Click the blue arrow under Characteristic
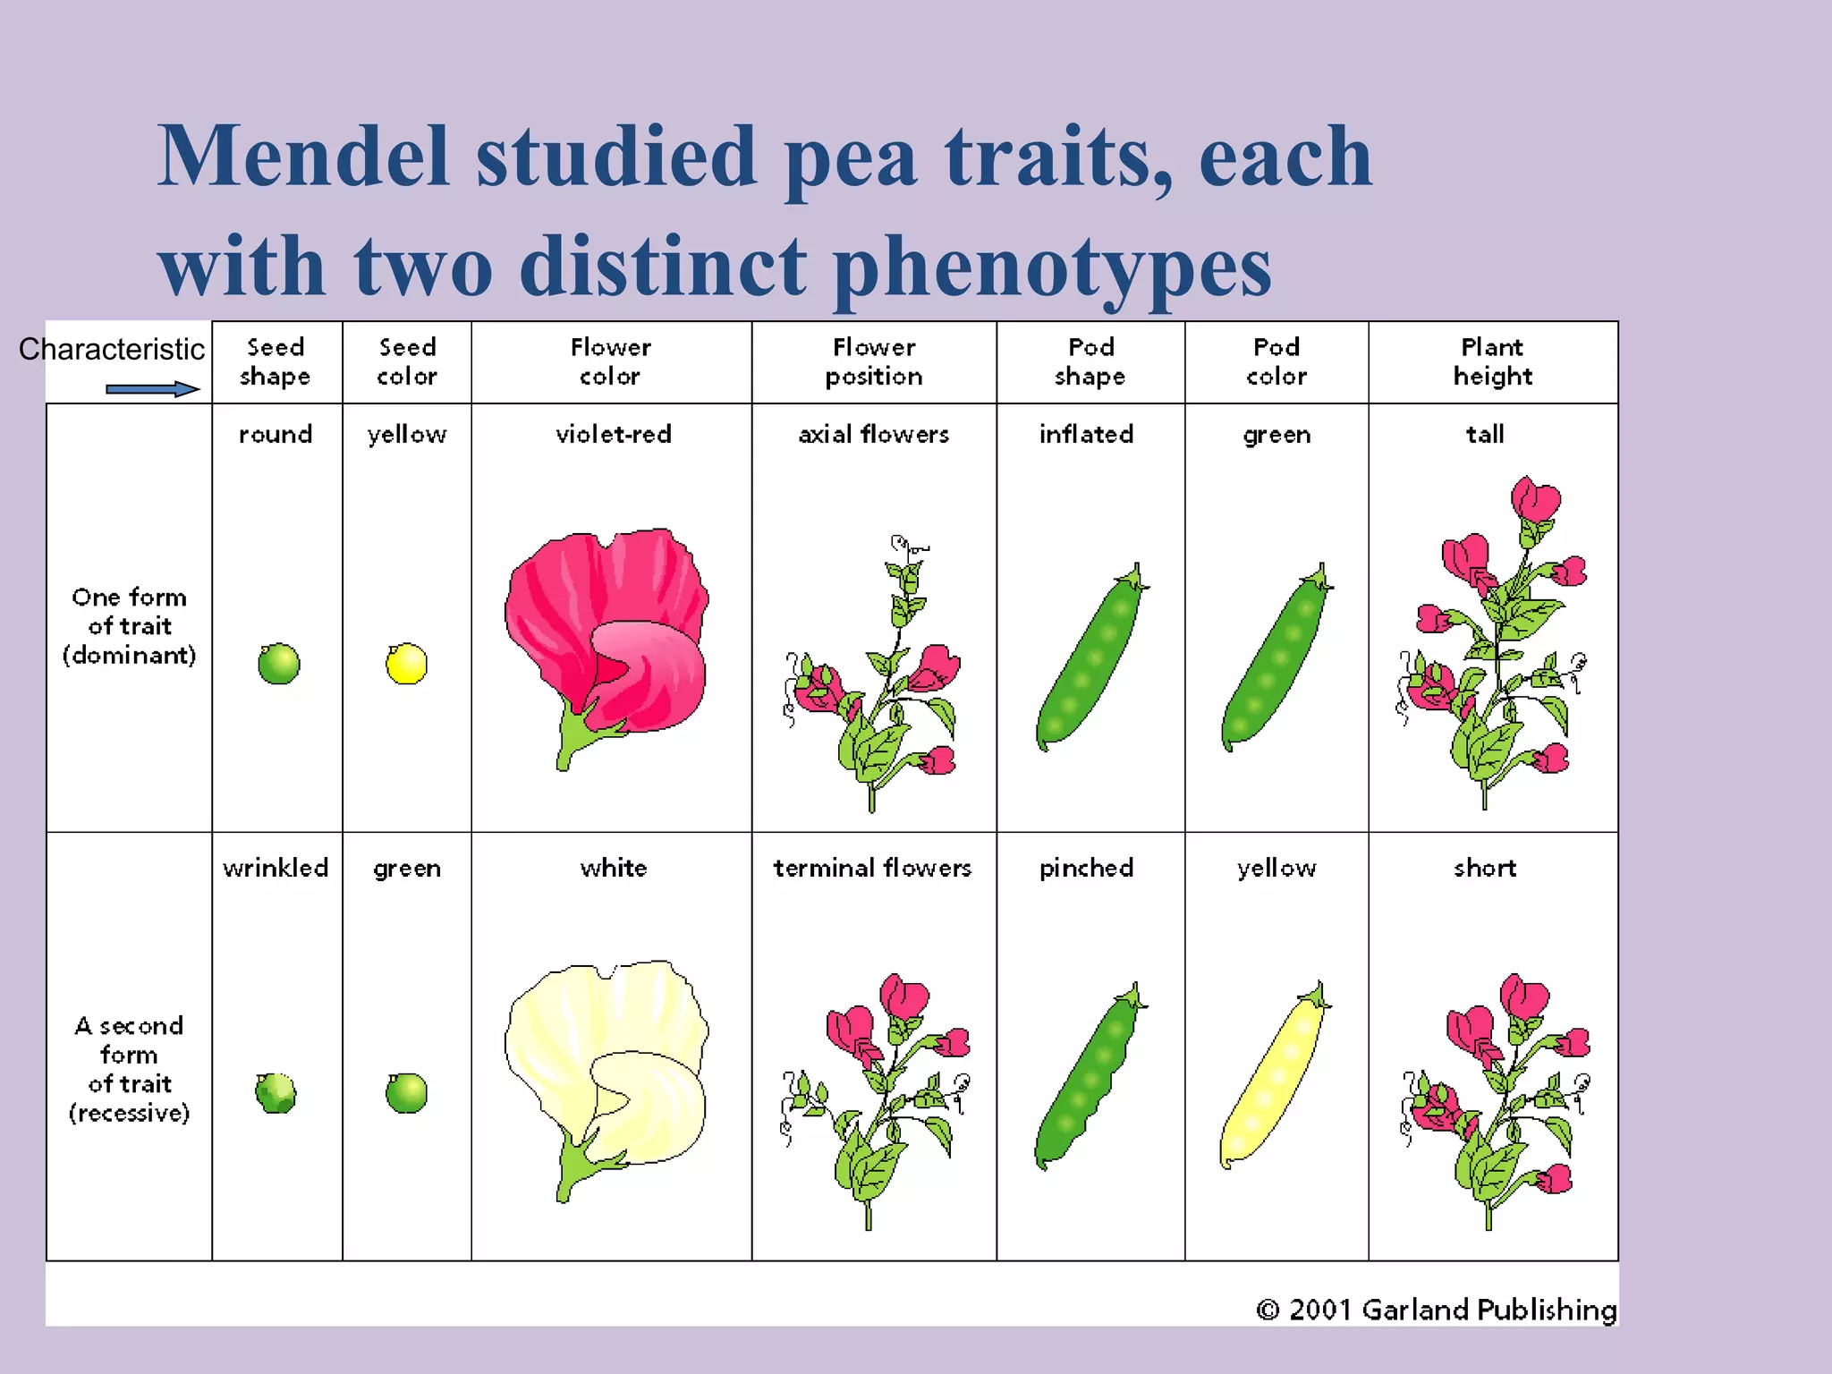tap(152, 389)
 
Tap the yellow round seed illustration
tap(406, 664)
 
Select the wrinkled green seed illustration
tap(276, 1093)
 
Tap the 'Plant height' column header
tap(1492, 361)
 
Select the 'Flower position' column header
tap(874, 361)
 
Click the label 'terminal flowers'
tap(872, 868)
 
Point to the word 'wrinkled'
tap(276, 868)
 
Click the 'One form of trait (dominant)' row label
tap(129, 625)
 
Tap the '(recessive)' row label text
tap(129, 1113)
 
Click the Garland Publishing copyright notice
tap(1437, 1310)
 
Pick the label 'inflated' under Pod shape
tap(1086, 435)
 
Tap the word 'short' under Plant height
tap(1485, 868)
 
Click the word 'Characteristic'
tap(112, 349)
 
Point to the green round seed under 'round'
tap(278, 664)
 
